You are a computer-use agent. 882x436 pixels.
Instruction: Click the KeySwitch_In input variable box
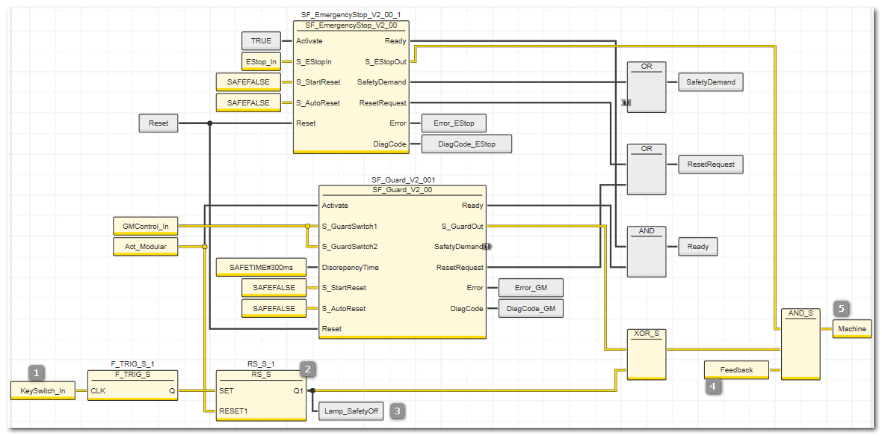(43, 390)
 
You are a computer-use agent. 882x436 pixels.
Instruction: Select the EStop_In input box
(260, 61)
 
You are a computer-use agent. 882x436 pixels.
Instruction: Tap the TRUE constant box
(260, 41)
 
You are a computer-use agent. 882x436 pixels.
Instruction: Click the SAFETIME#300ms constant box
(262, 267)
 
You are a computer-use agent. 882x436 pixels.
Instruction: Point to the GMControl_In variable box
(146, 226)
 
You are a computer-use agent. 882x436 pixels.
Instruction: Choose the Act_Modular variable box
(146, 246)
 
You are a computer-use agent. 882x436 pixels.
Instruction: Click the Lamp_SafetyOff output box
(351, 411)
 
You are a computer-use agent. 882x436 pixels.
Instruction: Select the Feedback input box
(736, 369)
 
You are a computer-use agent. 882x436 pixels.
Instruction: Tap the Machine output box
(851, 329)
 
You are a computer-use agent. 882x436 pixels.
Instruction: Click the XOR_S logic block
(647, 354)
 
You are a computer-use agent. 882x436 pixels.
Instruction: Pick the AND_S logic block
(801, 343)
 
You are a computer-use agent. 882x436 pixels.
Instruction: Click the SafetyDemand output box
(710, 82)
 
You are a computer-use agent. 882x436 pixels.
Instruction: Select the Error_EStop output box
(454, 123)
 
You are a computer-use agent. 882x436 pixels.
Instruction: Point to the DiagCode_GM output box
(531, 308)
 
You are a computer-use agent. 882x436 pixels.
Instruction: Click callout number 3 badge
(398, 411)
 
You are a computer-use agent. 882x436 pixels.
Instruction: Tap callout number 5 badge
(842, 308)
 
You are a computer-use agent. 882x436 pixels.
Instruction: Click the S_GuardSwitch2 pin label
(349, 247)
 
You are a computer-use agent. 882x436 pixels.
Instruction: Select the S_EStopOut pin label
(386, 61)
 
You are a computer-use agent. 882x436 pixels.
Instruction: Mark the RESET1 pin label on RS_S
(233, 411)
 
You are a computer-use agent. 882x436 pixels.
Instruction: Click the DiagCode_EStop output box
(466, 144)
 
